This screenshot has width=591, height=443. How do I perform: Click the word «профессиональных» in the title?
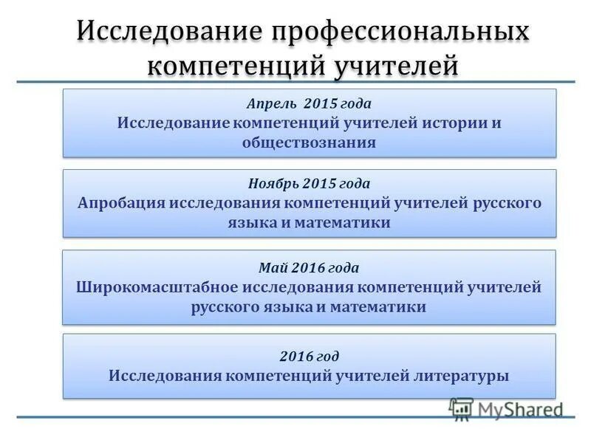(402, 32)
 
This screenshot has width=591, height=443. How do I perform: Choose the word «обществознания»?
(309, 142)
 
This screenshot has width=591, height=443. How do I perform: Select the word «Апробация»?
(121, 203)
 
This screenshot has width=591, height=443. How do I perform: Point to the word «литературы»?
(464, 376)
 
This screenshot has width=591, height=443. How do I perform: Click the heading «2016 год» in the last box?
(309, 356)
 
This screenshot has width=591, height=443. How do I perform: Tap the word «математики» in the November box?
(344, 222)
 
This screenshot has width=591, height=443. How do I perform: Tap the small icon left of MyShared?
(462, 408)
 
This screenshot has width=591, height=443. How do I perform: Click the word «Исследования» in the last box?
(164, 376)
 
